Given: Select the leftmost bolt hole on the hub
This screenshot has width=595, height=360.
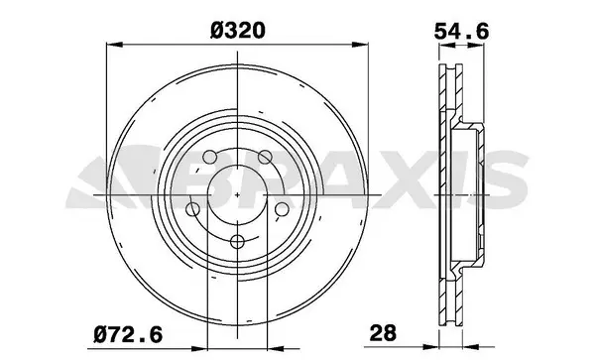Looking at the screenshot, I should coord(192,209).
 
